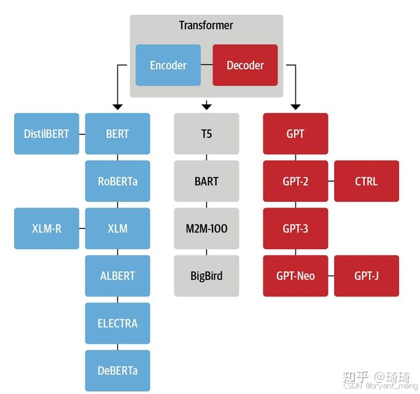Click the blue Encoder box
point(168,65)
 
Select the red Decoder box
point(245,65)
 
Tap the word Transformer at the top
point(206,26)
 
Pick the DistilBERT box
point(47,134)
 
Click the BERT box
point(117,134)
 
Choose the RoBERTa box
point(117,181)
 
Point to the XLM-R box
point(47,228)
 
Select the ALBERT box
point(117,276)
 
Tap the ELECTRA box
point(117,323)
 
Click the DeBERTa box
point(117,370)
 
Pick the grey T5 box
point(206,134)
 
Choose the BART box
point(206,181)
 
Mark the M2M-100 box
point(206,228)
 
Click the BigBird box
point(206,276)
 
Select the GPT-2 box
point(295,181)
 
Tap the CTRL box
point(367,181)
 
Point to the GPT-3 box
point(295,228)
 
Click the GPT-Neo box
point(295,276)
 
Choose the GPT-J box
point(367,276)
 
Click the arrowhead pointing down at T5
point(206,106)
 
